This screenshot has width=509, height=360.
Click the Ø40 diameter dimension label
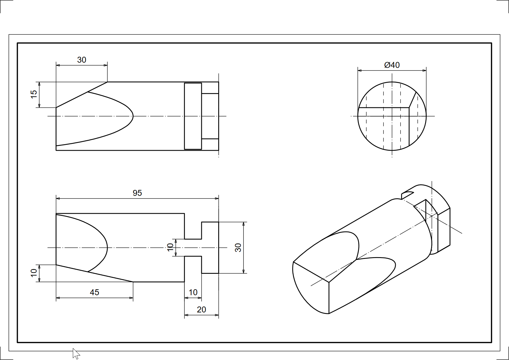click(392, 65)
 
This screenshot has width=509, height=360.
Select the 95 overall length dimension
click(137, 193)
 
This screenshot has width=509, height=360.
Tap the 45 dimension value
click(94, 292)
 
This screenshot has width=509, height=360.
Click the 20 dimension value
click(201, 309)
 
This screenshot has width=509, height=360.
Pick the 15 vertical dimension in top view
click(34, 94)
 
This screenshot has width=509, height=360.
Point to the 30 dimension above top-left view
click(81, 60)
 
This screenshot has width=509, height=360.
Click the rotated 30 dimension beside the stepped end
click(238, 247)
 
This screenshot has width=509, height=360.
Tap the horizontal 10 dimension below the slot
click(193, 292)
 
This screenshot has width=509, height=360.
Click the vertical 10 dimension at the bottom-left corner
click(34, 273)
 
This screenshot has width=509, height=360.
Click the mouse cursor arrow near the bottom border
click(76, 353)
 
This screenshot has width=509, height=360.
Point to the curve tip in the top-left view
click(132, 116)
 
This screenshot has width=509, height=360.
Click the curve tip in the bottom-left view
click(106, 247)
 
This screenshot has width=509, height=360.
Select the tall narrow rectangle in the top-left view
click(193, 116)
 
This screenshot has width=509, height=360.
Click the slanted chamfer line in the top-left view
click(82, 95)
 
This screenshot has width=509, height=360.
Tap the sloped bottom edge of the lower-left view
click(95, 273)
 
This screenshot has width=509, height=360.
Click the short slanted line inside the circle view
click(413, 99)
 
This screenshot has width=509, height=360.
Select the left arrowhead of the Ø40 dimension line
click(359, 71)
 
